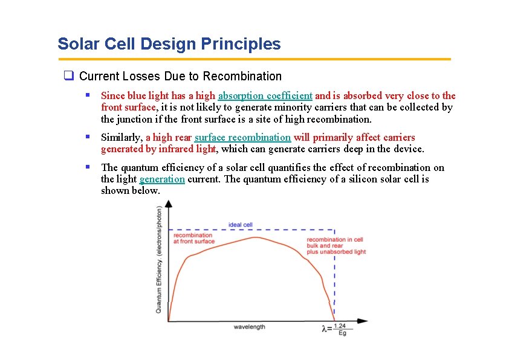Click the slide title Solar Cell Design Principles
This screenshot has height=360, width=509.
click(169, 44)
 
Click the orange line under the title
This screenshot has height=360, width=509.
click(254, 59)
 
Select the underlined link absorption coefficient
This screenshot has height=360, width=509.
click(265, 95)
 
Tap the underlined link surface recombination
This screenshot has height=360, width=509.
click(242, 137)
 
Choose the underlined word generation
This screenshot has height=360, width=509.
click(162, 179)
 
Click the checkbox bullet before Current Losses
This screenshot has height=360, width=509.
click(69, 76)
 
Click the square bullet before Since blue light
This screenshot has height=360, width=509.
click(88, 95)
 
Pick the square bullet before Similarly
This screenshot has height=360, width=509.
click(88, 137)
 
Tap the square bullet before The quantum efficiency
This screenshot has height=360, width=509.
click(88, 167)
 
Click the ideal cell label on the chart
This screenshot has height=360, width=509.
click(240, 225)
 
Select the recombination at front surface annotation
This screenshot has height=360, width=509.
click(193, 238)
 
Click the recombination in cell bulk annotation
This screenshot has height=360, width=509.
click(336, 246)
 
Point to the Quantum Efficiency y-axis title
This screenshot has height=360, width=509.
click(159, 260)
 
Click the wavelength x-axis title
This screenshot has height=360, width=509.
click(249, 327)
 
